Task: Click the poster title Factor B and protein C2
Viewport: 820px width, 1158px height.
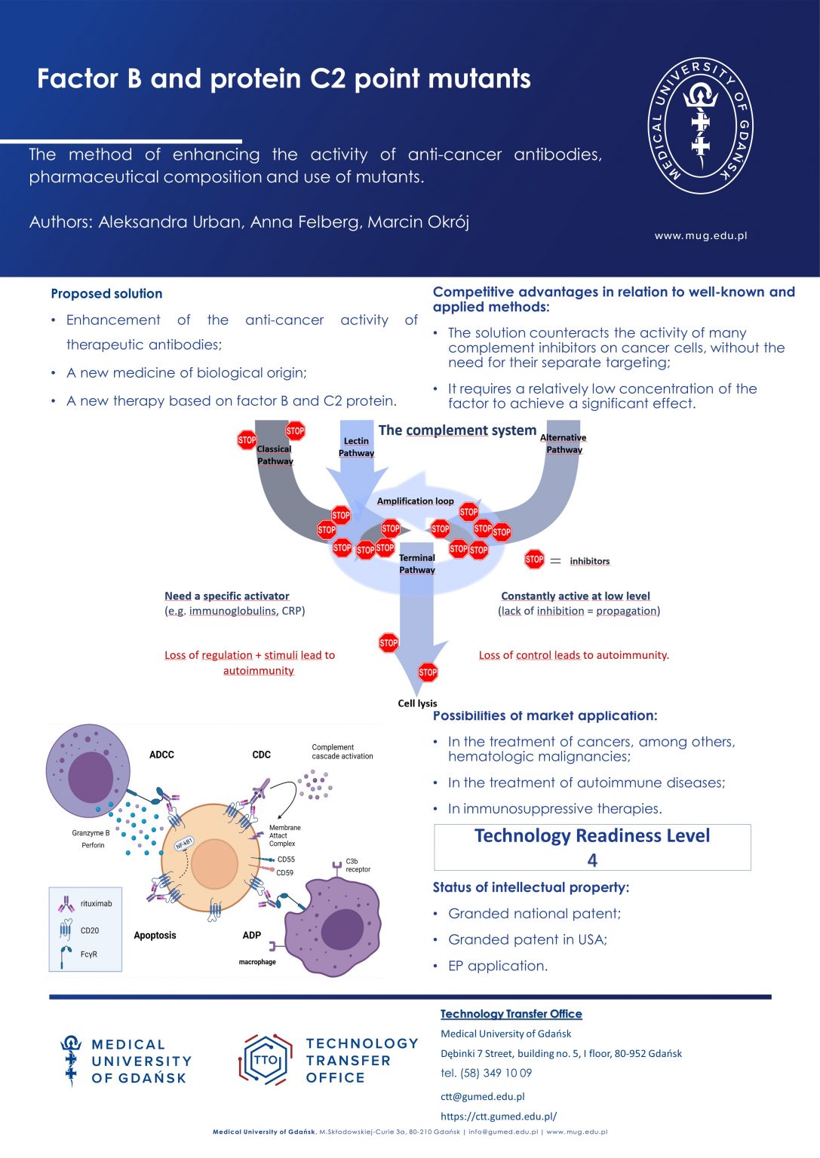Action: pos(284,79)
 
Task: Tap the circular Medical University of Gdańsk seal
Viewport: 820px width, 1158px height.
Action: pos(700,126)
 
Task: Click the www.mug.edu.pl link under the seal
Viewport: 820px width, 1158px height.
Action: pos(700,235)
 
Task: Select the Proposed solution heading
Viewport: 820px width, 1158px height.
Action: pos(106,294)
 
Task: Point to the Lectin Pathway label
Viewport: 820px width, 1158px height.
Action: pos(356,447)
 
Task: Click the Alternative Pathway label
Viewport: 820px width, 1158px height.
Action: pos(564,443)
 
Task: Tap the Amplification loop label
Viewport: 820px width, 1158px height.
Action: pos(415,501)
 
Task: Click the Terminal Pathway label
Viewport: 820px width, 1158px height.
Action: pos(417,563)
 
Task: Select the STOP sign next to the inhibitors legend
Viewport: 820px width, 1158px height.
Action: pos(534,559)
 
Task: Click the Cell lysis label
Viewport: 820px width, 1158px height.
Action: pos(417,703)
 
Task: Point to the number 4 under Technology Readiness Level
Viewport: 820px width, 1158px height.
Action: pos(592,860)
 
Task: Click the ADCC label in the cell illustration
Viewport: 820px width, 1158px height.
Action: pos(161,755)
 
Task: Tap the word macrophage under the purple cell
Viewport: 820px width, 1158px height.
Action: pos(257,962)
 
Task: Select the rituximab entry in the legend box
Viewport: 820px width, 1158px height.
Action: pos(96,903)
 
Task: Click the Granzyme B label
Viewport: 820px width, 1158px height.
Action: pos(91,833)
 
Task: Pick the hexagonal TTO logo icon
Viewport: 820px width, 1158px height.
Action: pos(266,1060)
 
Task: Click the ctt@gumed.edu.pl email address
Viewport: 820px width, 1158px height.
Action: pos(482,1096)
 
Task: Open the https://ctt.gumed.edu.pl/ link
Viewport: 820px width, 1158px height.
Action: pos(499,1117)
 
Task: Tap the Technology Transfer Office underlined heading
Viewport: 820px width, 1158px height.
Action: pos(511,1014)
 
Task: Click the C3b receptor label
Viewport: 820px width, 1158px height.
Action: pos(358,865)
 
